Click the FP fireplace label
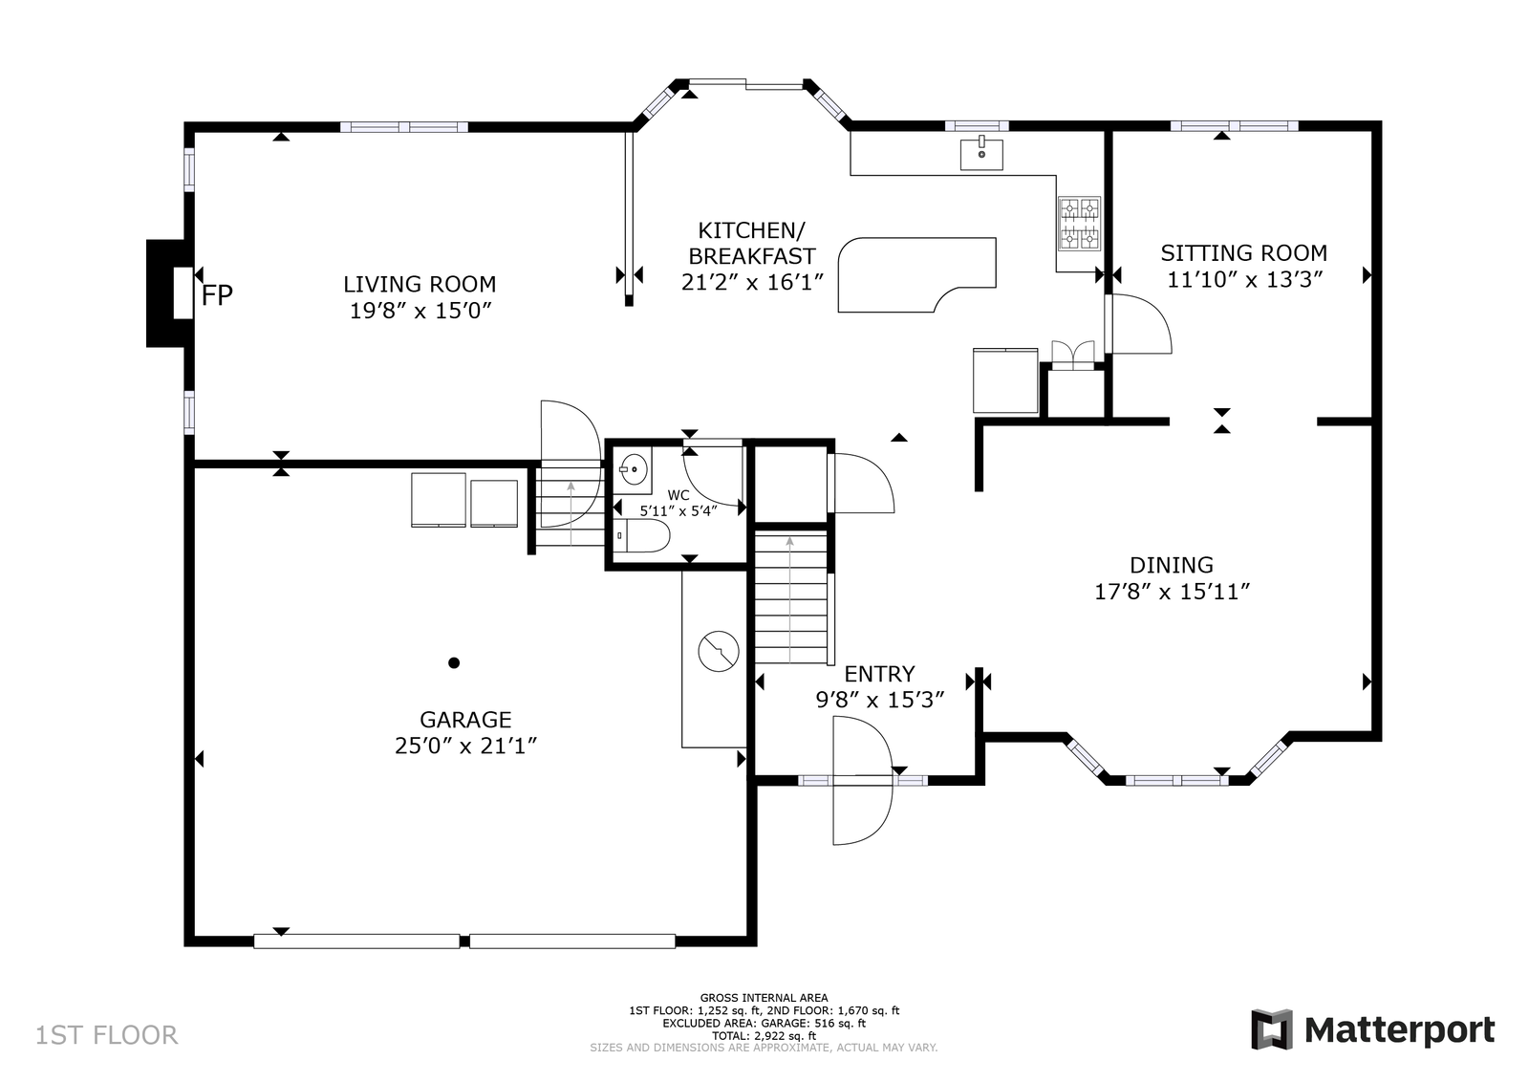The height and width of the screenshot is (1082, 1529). pos(217,295)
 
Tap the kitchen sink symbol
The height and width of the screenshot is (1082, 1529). pos(981,153)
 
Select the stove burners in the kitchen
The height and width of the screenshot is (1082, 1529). pos(1079,224)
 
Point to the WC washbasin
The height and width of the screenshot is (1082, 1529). pos(634,469)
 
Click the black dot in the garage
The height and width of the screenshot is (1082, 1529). pos(454,662)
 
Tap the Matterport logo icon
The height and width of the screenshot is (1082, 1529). pos(1272,1029)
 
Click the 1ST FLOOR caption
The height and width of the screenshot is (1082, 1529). pos(106,1035)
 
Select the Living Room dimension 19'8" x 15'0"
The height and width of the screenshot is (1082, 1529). pos(421,311)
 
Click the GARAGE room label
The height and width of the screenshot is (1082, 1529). pos(465,720)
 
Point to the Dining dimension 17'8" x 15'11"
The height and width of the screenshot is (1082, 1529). pos(1172,591)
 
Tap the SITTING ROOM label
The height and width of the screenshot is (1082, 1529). pos(1244,253)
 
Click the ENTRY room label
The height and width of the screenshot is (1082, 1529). pos(879,674)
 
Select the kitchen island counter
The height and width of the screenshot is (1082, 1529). pos(916,274)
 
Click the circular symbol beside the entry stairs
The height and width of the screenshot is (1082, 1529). pos(719,651)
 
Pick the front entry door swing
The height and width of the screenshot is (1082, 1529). pos(862,780)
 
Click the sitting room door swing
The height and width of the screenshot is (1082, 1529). pos(1138,324)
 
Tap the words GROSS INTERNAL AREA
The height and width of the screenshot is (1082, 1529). pos(764,997)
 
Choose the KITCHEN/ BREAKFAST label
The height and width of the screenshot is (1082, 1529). pos(751,243)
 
